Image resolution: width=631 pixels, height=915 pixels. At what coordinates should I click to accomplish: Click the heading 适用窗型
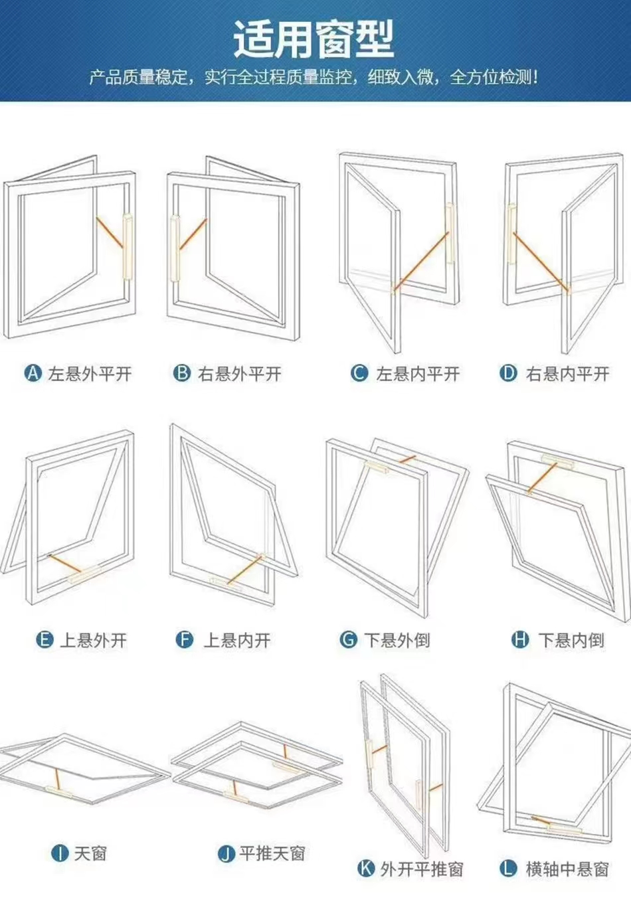(x=314, y=39)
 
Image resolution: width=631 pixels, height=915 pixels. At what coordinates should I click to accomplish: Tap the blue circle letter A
(x=33, y=373)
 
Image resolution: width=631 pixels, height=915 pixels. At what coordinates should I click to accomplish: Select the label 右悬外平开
(x=240, y=374)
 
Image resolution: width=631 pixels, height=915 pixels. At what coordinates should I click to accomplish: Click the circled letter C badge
(x=359, y=373)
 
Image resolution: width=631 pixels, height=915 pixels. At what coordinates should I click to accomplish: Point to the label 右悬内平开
(x=568, y=374)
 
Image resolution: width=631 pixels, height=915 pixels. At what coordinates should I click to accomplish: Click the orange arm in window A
(x=110, y=233)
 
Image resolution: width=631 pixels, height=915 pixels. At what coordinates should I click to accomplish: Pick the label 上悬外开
(x=94, y=640)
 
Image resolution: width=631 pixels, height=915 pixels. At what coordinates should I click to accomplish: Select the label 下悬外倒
(x=397, y=640)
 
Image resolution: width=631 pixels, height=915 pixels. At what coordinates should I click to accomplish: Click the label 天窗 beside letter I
(x=90, y=853)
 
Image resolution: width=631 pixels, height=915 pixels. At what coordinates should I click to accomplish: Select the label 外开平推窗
(x=421, y=869)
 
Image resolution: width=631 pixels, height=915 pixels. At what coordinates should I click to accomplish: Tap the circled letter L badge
(x=508, y=868)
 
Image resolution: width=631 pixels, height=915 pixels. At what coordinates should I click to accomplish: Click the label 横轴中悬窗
(x=567, y=869)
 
